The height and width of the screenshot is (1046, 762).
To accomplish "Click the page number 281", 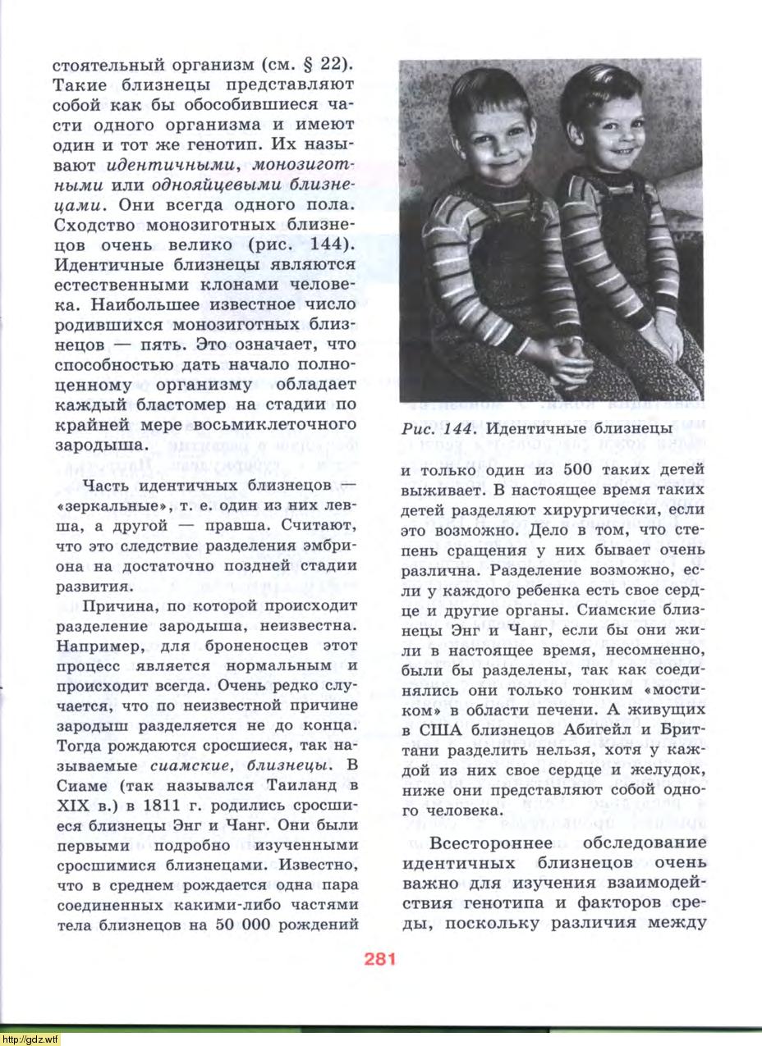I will click(377, 958).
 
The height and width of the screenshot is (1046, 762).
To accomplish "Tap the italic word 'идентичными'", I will click(158, 164).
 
